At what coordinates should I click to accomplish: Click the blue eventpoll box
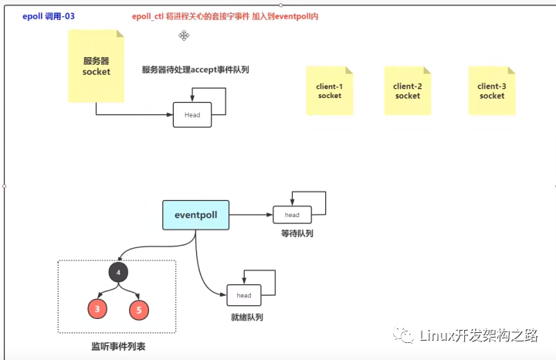coord(195,215)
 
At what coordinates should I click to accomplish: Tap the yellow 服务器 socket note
coord(96,66)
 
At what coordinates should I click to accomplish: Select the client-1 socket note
coord(330,91)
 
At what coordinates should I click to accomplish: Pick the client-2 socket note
coord(408,91)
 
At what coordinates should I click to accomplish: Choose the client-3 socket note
coord(492,91)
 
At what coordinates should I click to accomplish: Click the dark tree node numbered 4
coord(118,273)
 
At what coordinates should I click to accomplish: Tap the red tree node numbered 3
coord(97,308)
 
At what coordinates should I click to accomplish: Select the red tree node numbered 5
coord(139,310)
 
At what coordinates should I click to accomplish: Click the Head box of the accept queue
coord(192,115)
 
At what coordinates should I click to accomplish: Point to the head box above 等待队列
coord(292,215)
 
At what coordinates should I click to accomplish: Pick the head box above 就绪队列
coord(244,295)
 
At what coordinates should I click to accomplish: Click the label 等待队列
coord(297,233)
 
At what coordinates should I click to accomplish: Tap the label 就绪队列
coord(247,317)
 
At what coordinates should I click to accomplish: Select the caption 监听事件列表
coord(118,347)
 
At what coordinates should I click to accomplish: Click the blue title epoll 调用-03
coord(49,16)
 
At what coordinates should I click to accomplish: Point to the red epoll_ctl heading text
coord(225,16)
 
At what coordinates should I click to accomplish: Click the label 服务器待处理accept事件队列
coord(195,70)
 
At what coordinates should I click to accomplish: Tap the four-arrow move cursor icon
coord(184,36)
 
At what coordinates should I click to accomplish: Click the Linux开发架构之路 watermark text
coord(479,335)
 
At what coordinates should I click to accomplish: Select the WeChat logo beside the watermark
coord(403,335)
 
